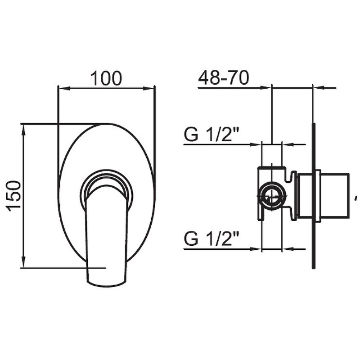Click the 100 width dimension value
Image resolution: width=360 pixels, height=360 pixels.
click(107, 78)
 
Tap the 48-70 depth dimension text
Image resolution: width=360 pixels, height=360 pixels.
click(223, 78)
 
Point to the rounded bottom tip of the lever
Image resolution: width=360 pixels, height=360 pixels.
click(105, 281)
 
